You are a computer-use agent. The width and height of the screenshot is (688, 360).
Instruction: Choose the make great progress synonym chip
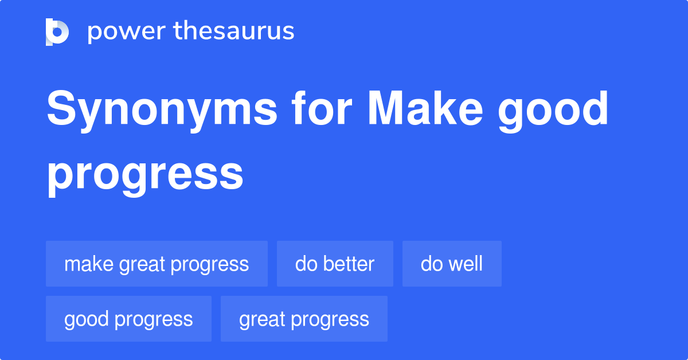click(x=157, y=264)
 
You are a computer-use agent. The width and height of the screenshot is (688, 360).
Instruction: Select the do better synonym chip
click(x=335, y=264)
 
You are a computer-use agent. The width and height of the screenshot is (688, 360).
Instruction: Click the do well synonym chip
click(x=452, y=264)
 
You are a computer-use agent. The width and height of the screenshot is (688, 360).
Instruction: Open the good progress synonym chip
click(x=128, y=319)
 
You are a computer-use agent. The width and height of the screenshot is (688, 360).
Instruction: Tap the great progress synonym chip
click(x=304, y=319)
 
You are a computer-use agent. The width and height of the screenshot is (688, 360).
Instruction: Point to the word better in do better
click(x=348, y=264)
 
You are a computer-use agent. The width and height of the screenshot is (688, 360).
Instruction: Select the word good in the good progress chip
click(x=87, y=319)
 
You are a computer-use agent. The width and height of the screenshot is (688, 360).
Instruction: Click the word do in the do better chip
click(x=306, y=264)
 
